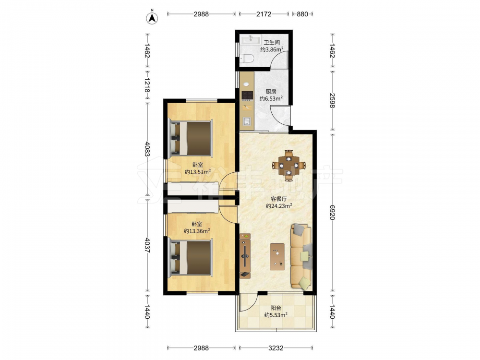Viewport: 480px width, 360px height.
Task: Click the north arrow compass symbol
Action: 152,18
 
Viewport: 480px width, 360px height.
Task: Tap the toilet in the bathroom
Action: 246,58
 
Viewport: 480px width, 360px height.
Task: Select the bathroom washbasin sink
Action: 251,40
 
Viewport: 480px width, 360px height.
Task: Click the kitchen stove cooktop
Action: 247,96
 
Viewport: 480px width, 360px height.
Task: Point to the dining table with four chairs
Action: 288,166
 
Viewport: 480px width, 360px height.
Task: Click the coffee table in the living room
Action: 277,256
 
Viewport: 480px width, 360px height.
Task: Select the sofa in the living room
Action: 301,256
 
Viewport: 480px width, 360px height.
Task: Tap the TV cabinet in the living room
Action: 245,256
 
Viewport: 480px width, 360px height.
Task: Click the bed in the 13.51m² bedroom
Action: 191,138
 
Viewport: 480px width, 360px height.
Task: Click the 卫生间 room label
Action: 272,42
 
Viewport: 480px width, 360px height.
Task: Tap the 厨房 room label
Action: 271,91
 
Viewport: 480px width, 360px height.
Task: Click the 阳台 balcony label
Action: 276,308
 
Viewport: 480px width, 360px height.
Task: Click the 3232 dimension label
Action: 276,348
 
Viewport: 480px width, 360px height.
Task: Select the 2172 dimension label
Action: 264,14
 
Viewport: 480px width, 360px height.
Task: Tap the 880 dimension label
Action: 302,14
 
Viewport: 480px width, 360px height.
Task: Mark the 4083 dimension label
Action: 147,149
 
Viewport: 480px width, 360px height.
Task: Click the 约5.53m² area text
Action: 276,315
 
